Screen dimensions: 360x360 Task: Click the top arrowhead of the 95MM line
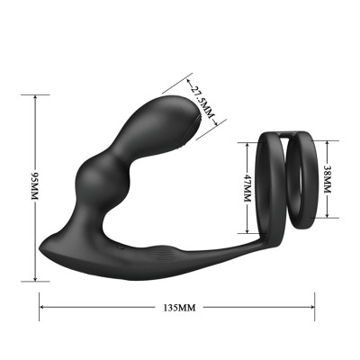[35, 100]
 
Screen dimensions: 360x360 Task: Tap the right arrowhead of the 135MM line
[320, 307]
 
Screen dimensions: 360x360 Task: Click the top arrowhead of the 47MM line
[247, 143]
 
